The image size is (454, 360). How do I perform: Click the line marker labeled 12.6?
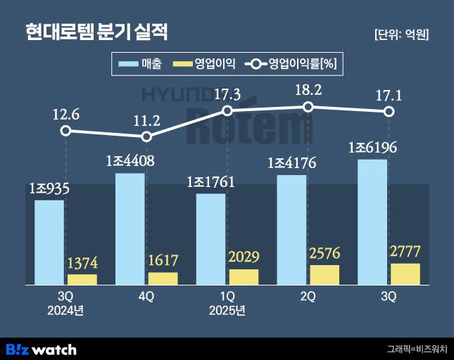click(x=65, y=131)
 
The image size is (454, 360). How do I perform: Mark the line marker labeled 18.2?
click(x=308, y=107)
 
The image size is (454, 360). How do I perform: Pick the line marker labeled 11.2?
click(x=146, y=136)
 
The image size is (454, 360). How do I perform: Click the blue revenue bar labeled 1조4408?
click(x=130, y=229)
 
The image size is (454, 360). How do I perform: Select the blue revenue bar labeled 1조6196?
click(x=372, y=221)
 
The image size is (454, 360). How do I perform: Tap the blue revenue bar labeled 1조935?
click(x=49, y=242)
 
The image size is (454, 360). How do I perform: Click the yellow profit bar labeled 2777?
click(x=405, y=274)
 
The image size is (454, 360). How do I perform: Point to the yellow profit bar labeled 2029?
click(x=244, y=276)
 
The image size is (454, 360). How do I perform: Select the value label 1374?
click(x=82, y=264)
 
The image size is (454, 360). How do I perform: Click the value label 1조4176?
click(x=291, y=165)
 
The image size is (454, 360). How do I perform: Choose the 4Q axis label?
click(x=146, y=297)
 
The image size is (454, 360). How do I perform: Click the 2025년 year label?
click(x=227, y=310)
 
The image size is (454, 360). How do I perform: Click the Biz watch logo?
click(x=41, y=349)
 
